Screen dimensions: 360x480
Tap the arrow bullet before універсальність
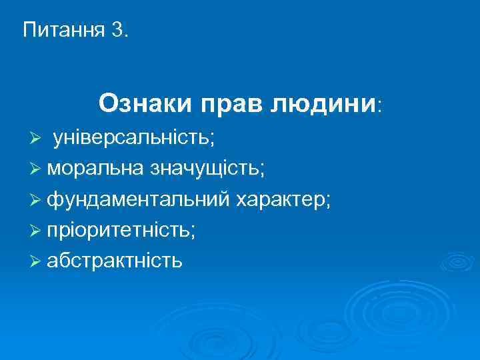pyautogui.click(x=37, y=139)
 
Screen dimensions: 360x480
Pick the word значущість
pyautogui.click(x=204, y=169)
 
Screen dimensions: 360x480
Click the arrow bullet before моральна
pyautogui.click(x=37, y=169)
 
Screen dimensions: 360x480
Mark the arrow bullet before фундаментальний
pyautogui.click(x=37, y=199)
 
